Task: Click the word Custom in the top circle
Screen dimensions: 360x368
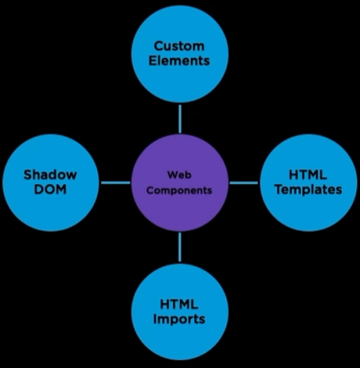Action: click(x=179, y=46)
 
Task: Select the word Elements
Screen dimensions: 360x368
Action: click(x=179, y=60)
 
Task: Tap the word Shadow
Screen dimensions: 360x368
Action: click(x=51, y=175)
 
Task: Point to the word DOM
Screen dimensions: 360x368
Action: click(x=51, y=190)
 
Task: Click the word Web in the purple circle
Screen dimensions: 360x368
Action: click(x=179, y=175)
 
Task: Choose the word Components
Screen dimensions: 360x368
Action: click(x=179, y=190)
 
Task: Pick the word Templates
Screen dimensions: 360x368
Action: click(x=309, y=190)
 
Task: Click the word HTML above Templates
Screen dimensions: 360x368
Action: click(x=308, y=175)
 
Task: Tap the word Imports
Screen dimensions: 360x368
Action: click(x=179, y=319)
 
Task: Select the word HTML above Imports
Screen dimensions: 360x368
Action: click(x=179, y=304)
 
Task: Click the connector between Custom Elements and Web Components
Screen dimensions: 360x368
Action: click(x=180, y=119)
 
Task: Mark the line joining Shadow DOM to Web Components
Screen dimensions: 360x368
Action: click(x=116, y=182)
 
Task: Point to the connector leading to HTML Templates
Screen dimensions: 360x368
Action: click(x=244, y=182)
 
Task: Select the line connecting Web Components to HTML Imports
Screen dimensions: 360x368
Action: click(x=180, y=247)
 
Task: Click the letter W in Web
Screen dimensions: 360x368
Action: click(x=172, y=175)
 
